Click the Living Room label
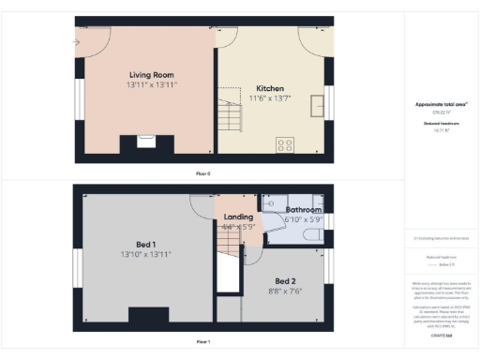point(151,74)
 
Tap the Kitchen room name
point(270,90)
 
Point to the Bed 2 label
point(286,281)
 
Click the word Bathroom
point(304,209)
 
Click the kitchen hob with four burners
point(284,145)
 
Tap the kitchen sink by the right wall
point(327,101)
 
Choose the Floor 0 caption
point(202,173)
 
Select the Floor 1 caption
point(202,341)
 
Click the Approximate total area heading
point(442,104)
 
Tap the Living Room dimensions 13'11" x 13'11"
point(151,84)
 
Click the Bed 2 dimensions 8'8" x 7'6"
point(286,291)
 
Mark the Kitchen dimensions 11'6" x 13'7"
point(270,99)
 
